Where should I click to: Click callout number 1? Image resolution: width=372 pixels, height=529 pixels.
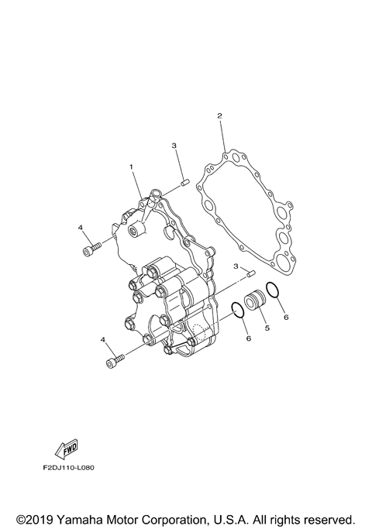click(x=132, y=167)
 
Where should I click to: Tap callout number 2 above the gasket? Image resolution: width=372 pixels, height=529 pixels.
click(x=219, y=116)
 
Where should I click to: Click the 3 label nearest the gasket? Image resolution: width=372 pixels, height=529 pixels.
click(x=175, y=146)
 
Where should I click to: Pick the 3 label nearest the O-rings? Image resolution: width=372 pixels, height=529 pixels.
click(x=235, y=266)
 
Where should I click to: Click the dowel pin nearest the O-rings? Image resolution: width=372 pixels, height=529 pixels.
click(x=250, y=273)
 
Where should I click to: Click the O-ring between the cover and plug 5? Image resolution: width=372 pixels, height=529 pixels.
click(x=239, y=311)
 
